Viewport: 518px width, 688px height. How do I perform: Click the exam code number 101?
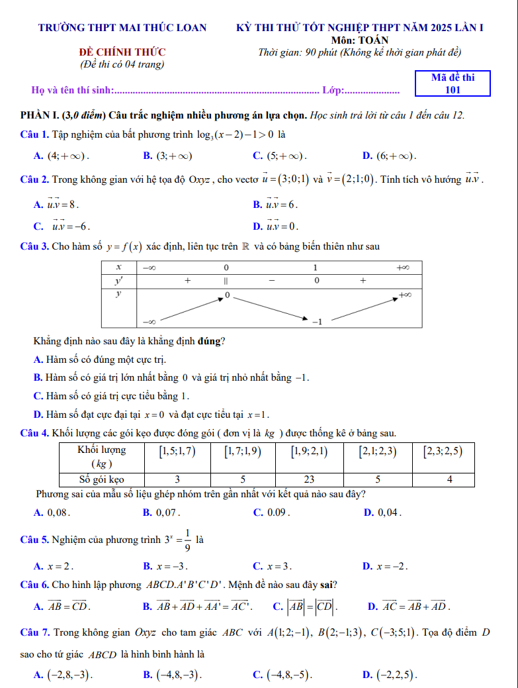click(453, 90)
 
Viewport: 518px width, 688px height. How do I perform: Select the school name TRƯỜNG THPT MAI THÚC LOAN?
click(122, 28)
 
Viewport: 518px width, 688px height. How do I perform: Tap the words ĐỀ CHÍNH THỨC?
click(122, 52)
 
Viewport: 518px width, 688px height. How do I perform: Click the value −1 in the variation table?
click(316, 321)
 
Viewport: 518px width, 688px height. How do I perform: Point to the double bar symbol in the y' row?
click(226, 281)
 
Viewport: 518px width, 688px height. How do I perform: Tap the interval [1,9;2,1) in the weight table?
click(309, 452)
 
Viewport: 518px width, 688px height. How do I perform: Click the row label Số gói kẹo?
click(102, 479)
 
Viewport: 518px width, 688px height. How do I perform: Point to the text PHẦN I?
click(40, 115)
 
